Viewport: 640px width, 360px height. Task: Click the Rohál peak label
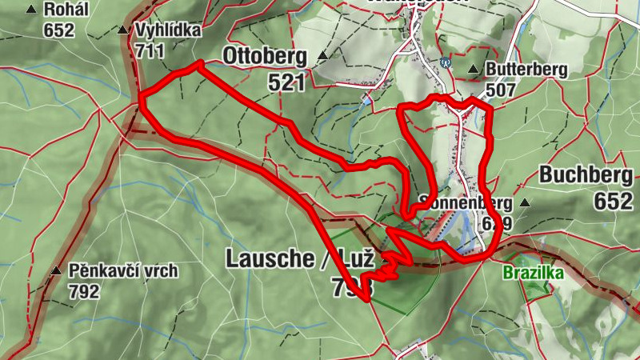pyautogui.click(x=66, y=10)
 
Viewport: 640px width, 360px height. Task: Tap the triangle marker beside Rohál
pyautogui.click(x=31, y=10)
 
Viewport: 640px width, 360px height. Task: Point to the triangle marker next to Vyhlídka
pyautogui.click(x=122, y=30)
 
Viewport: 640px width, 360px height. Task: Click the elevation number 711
pyautogui.click(x=150, y=51)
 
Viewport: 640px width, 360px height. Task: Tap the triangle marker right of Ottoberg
pyautogui.click(x=322, y=56)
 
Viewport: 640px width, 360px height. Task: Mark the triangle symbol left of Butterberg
pyautogui.click(x=474, y=69)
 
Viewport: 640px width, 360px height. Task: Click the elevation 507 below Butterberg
pyautogui.click(x=500, y=90)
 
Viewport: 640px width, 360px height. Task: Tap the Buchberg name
pyautogui.click(x=586, y=175)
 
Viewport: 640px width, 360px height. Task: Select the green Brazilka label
pyautogui.click(x=533, y=273)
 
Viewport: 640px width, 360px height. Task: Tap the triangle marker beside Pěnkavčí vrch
pyautogui.click(x=56, y=270)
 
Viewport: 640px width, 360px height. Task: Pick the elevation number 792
pyautogui.click(x=84, y=291)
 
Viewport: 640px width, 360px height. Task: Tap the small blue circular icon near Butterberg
pyautogui.click(x=446, y=62)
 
